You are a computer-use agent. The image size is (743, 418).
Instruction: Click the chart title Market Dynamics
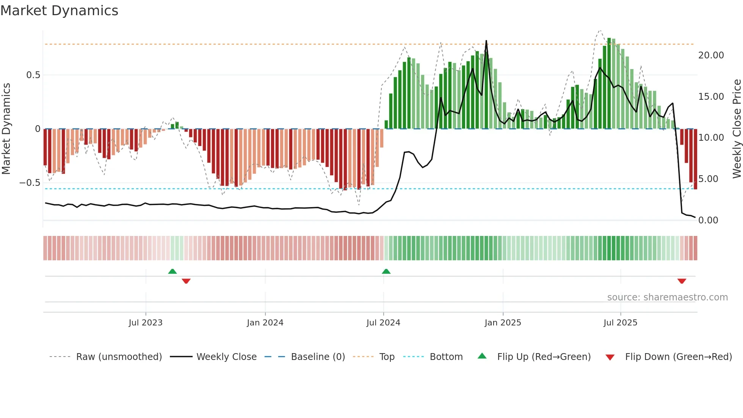point(60,11)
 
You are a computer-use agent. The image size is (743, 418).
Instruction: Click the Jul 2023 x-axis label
point(146,323)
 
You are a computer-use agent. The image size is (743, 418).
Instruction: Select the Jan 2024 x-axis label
point(265,323)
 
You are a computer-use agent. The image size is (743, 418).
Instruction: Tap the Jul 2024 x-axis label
point(383,323)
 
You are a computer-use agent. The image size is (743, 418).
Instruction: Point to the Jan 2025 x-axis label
point(503,323)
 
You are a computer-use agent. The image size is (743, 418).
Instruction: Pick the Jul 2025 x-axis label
point(621,323)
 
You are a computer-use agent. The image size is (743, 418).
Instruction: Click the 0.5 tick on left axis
point(33,75)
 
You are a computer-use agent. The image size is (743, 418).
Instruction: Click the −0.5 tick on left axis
point(30,183)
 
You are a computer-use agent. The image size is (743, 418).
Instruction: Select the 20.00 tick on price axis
point(711,55)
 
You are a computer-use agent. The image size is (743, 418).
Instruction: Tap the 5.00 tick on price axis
point(708,179)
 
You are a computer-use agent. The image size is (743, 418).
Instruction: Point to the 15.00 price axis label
point(711,97)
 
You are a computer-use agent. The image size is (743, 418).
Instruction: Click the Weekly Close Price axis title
point(737,129)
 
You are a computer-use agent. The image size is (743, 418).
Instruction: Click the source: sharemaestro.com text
point(667,297)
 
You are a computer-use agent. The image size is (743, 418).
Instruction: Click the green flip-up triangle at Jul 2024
point(386,272)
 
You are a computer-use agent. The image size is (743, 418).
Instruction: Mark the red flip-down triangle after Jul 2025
point(682,281)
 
